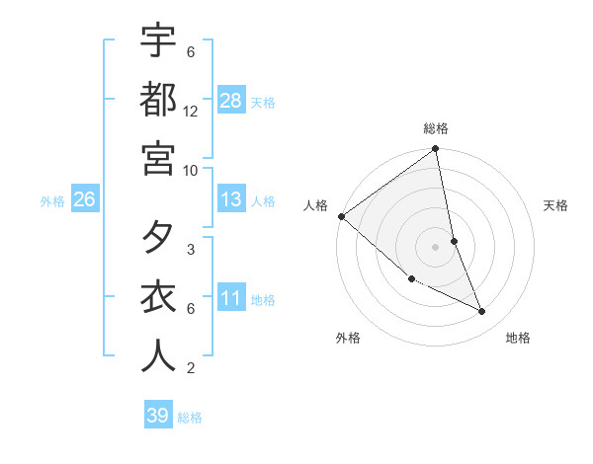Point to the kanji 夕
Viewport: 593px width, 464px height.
158,239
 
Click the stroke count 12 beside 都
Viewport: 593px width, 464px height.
191,111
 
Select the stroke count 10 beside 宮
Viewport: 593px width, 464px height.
191,170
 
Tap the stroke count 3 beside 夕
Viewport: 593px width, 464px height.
191,250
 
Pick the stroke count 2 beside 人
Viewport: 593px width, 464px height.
191,368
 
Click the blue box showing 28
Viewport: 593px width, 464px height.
231,100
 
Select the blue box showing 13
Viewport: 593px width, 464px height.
231,199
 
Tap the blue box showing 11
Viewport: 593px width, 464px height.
231,297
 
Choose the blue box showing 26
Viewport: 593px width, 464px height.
85,199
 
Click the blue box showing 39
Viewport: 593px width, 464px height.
158,416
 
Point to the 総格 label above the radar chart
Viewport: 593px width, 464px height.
436,128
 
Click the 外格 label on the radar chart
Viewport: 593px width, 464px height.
348,338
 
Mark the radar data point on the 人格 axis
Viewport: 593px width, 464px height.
341,216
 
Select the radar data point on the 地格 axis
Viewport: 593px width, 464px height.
482,312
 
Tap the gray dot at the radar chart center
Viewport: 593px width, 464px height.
436,247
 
